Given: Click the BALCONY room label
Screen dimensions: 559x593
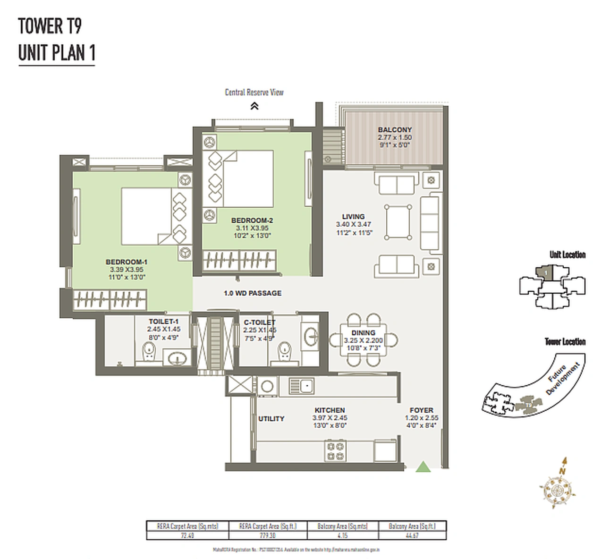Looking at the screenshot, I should [395, 129].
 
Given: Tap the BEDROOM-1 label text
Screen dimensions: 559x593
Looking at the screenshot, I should [127, 262].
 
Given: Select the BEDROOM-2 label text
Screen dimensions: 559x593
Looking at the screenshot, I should [252, 220].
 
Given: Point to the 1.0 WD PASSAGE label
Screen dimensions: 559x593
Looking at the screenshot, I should [253, 293].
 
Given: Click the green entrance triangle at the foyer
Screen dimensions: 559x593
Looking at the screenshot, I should [424, 467].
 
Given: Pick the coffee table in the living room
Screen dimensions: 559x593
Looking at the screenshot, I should [397, 222].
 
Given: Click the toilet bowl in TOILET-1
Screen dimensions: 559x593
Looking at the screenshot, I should [150, 353].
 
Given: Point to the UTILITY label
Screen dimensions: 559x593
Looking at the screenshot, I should [271, 419].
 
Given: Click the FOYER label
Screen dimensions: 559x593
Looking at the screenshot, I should [421, 410].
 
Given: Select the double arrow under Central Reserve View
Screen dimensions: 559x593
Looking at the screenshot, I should [254, 106].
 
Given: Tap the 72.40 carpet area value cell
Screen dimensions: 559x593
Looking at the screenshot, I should [187, 535].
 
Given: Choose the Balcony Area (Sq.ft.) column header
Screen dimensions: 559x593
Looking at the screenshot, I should [412, 526].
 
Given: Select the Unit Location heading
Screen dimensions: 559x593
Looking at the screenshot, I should [567, 255].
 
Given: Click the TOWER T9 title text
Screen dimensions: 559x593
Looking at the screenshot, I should [50, 26].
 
